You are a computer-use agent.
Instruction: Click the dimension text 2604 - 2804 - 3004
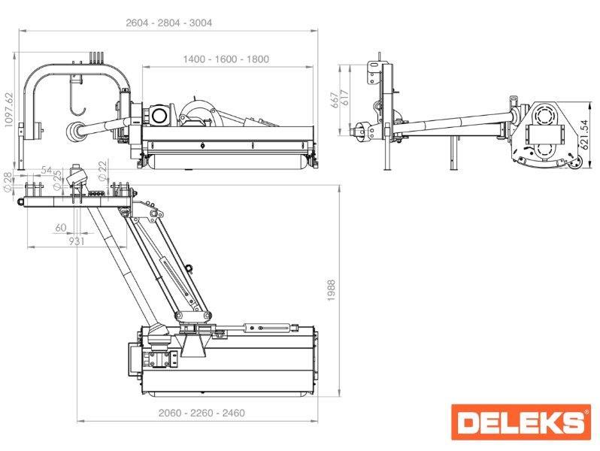[x=168, y=23]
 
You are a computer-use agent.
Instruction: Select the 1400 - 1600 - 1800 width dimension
[x=226, y=59]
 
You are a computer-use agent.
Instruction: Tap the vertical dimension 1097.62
[x=8, y=110]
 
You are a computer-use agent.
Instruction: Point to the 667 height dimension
[x=335, y=100]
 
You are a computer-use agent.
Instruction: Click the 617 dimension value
[x=344, y=98]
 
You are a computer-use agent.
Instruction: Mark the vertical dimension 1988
[x=332, y=290]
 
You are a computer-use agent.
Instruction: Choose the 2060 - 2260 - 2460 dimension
[x=202, y=413]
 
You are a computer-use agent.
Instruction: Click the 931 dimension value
[x=77, y=241]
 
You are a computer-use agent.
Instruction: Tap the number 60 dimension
[x=61, y=228]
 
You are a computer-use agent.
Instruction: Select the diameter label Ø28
[x=8, y=181]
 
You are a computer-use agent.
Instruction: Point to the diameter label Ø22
[x=102, y=171]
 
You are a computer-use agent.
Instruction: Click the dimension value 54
[x=47, y=170]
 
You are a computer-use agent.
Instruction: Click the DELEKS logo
[x=521, y=422]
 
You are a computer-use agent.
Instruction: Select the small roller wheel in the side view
[x=574, y=165]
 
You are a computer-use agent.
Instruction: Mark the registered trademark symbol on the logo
[x=586, y=412]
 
